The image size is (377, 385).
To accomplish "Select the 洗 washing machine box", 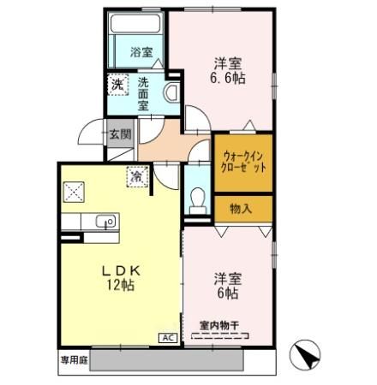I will (117, 84).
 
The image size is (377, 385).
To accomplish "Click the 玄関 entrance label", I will (119, 133).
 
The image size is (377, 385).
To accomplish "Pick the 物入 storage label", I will (243, 208).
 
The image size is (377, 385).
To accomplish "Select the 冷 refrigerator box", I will (135, 175).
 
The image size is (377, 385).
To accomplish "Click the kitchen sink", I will (106, 222).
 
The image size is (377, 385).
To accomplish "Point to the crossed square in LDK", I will (75, 192).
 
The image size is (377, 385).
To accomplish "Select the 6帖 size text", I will (225, 293).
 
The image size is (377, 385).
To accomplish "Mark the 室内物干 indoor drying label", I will (220, 324).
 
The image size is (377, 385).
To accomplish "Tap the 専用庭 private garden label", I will (74, 359).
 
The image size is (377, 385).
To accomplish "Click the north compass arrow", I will (306, 353).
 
